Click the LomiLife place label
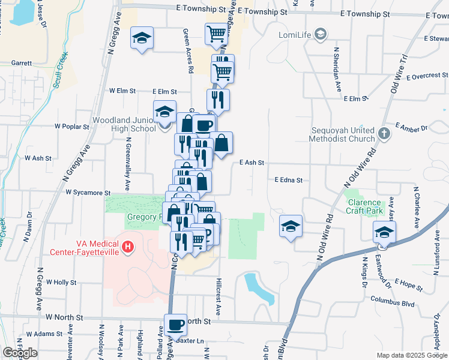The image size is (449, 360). point(295,34)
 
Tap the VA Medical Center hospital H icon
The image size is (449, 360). point(127,246)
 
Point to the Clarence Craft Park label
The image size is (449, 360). point(364,206)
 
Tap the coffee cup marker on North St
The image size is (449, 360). point(175,325)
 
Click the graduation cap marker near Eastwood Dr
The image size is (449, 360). point(383,233)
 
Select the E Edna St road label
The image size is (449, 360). point(289,179)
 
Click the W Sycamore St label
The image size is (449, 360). point(82,193)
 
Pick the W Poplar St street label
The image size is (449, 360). point(71,127)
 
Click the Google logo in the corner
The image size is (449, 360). point(20,353)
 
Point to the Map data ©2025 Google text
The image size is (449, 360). point(412,355)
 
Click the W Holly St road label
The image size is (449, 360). point(61,282)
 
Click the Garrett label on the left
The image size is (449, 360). point(22,62)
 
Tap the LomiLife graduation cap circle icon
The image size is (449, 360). point(321,34)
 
